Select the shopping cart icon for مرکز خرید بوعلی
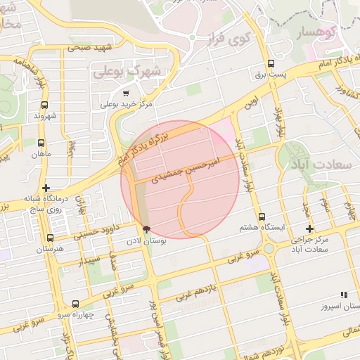tap(126, 93)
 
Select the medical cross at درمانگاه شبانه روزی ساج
tap(46, 188)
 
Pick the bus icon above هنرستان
tap(49, 238)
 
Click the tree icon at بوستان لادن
tap(146, 229)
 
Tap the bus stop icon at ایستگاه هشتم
tap(262, 217)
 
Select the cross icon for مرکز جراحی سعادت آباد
tap(309, 229)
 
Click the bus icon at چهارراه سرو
tap(75, 304)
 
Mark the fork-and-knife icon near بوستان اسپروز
tap(344, 295)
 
